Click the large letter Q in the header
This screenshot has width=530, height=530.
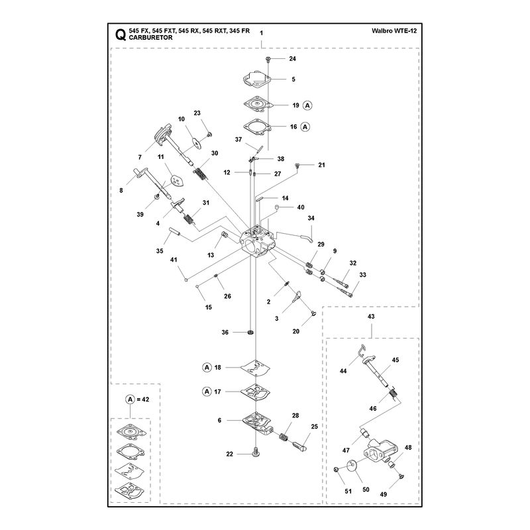click(121, 34)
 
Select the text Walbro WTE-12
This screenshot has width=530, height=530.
click(394, 30)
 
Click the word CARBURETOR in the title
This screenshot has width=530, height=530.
click(151, 38)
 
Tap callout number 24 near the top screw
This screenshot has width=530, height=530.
click(292, 59)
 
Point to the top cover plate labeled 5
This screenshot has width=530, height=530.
click(257, 79)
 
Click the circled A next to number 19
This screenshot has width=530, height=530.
click(307, 105)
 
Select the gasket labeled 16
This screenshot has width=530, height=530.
click(258, 127)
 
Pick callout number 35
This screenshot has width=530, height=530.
click(160, 251)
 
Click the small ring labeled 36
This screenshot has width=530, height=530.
click(250, 333)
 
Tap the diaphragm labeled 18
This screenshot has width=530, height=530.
click(255, 368)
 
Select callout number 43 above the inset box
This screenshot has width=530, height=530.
click(371, 317)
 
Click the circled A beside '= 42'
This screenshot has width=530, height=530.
click(130, 399)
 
